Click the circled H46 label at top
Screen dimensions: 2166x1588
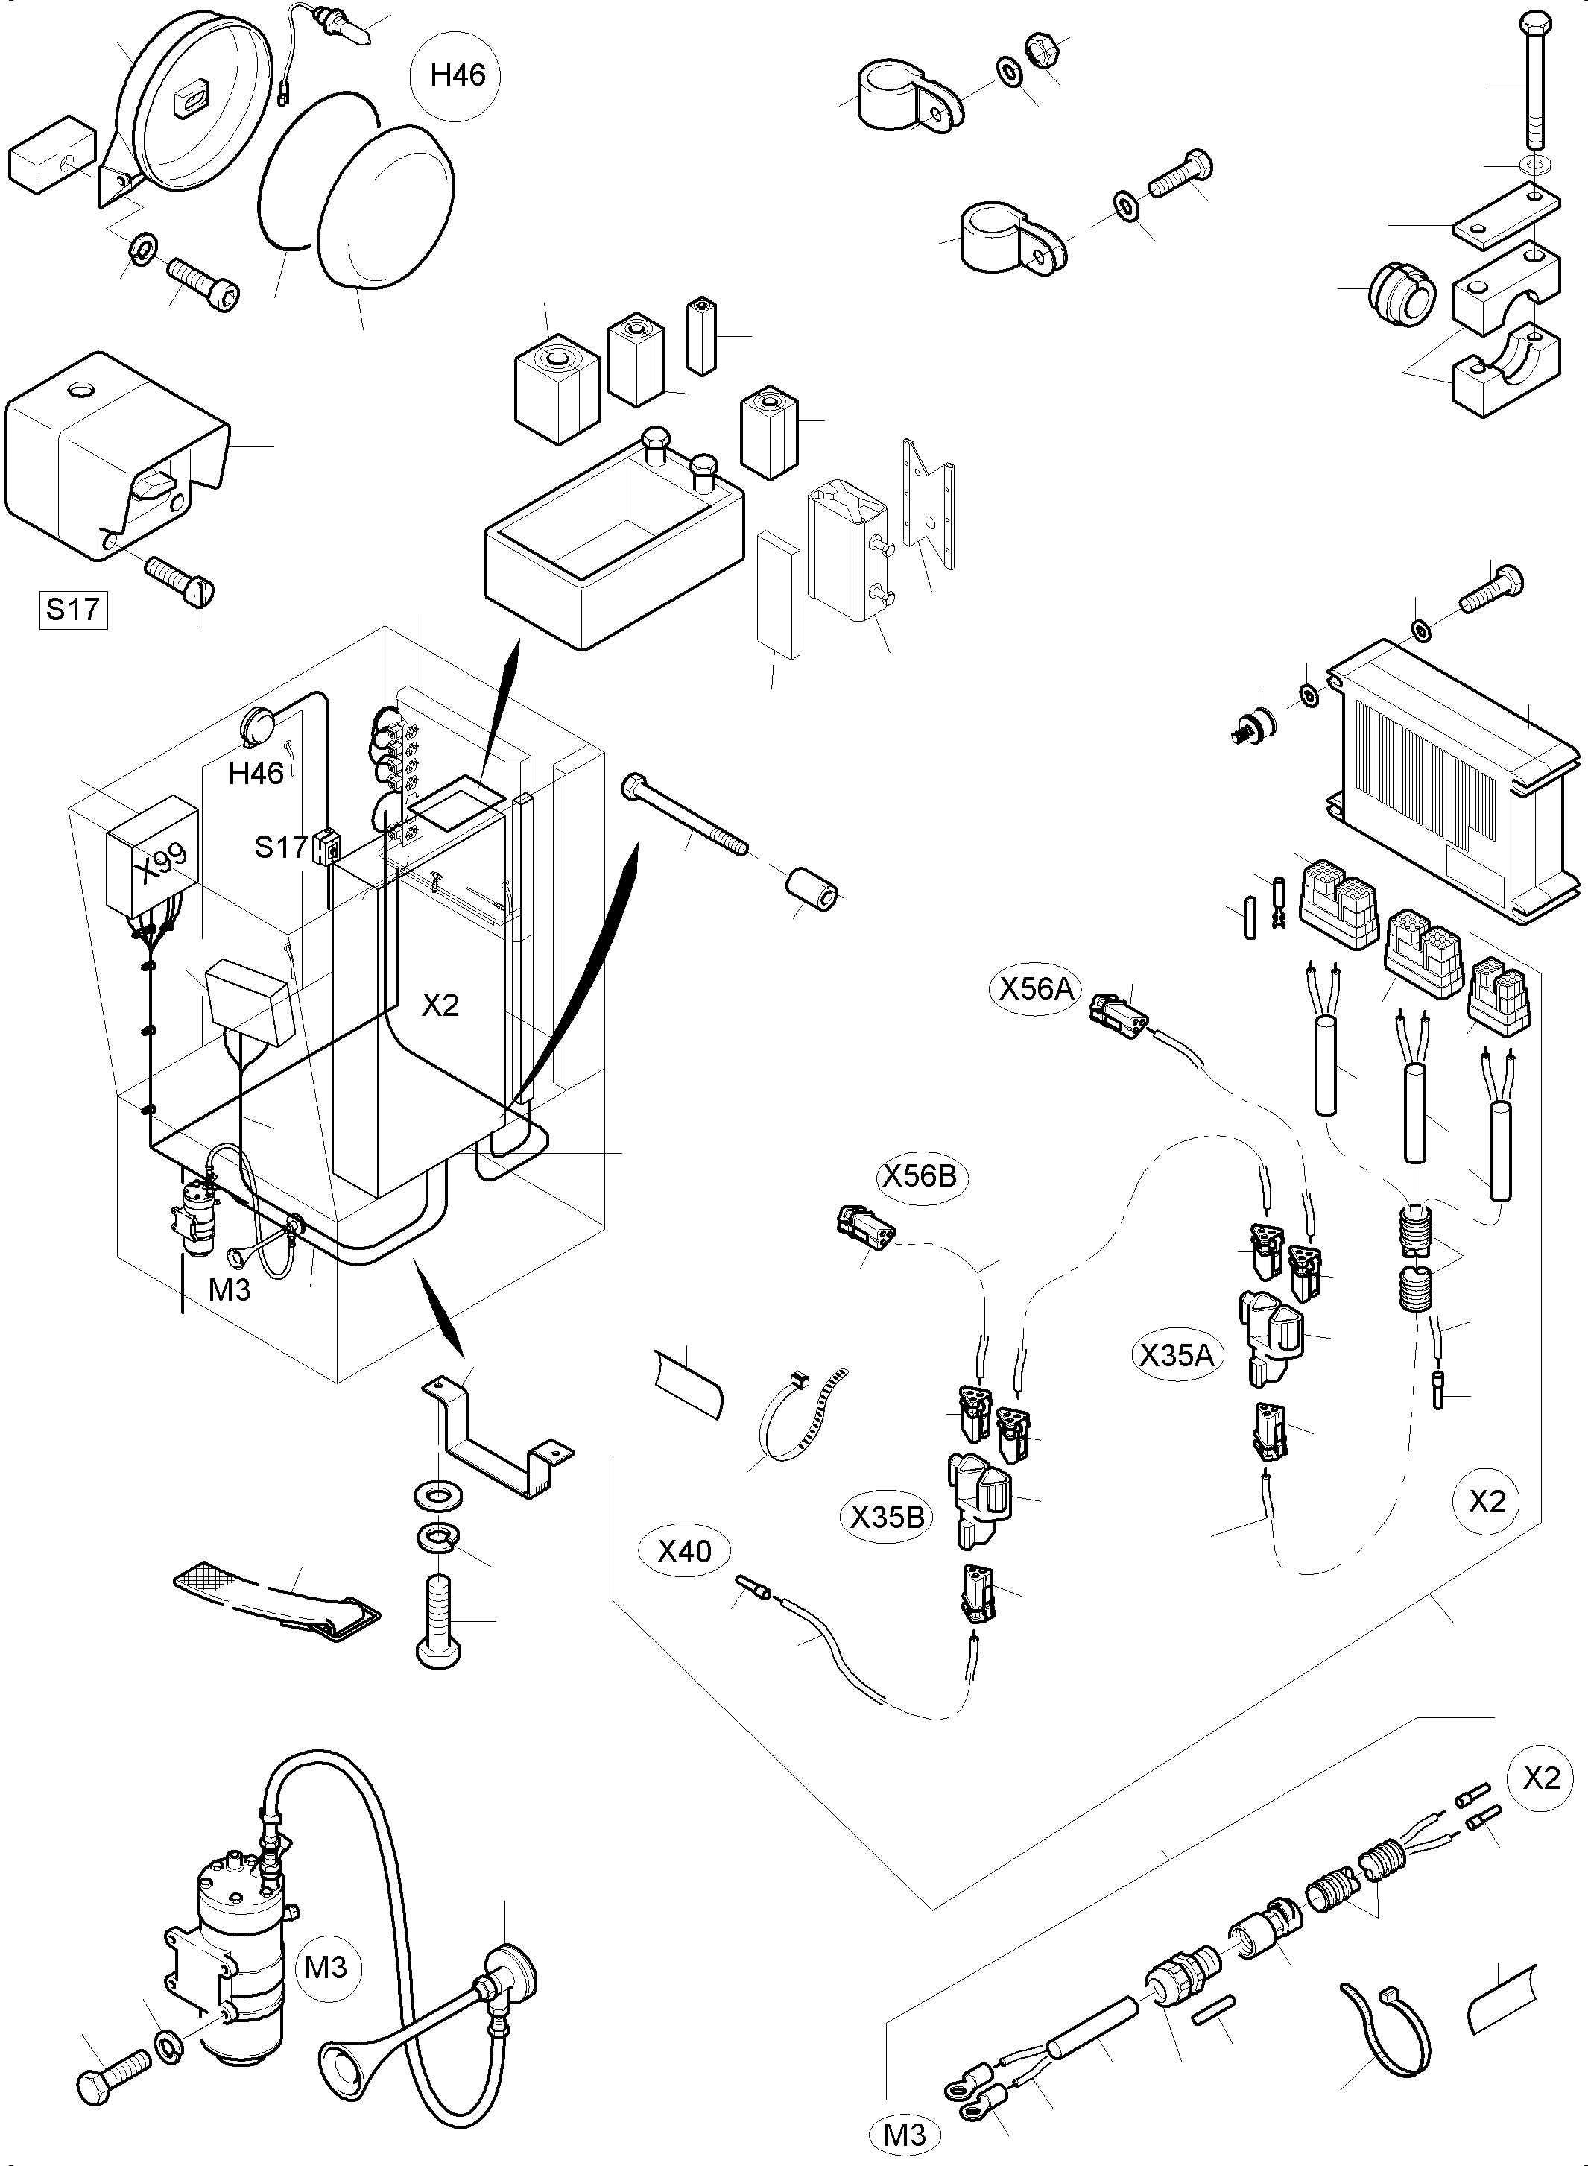tap(458, 75)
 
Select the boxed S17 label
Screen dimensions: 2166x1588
tap(73, 610)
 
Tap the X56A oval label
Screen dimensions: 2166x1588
tap(1035, 988)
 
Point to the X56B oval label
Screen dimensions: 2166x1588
tap(920, 1175)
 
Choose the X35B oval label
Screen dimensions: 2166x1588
tap(888, 1516)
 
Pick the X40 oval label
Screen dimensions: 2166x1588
tap(684, 1551)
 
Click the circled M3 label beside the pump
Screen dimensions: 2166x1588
tap(325, 1967)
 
